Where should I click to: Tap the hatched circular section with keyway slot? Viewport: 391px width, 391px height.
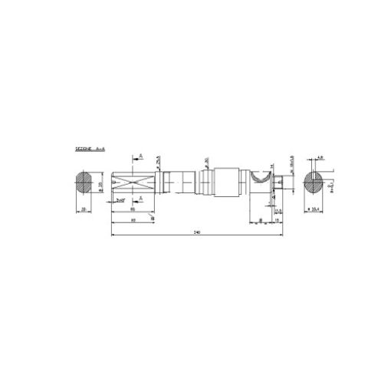coord(314,184)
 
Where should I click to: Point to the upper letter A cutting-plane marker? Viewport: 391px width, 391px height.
coord(140,156)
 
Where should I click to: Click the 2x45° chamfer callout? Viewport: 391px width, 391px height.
coord(120,200)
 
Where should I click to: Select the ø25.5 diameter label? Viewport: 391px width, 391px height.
coord(158,160)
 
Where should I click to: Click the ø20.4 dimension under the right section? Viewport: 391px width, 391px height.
coord(314,209)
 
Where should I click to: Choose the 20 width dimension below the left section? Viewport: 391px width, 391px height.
coord(83,209)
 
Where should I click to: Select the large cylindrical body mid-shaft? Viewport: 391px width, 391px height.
coord(227,184)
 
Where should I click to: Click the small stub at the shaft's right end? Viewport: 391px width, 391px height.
coord(285,184)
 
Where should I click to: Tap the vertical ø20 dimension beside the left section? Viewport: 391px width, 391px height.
coord(101,184)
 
